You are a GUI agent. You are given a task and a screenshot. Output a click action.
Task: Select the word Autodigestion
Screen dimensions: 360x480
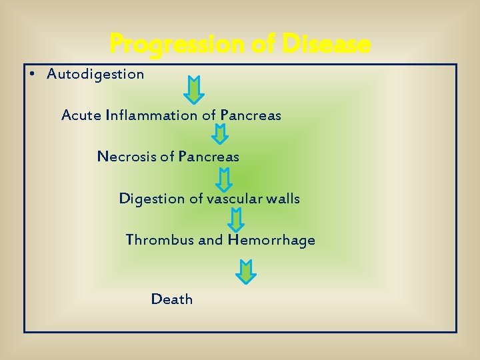point(95,74)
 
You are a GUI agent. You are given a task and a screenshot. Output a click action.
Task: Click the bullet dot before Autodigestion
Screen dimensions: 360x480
point(33,73)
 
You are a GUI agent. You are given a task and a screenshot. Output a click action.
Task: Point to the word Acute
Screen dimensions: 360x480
point(81,115)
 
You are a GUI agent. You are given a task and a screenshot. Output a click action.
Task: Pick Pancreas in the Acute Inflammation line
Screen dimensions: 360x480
point(251,115)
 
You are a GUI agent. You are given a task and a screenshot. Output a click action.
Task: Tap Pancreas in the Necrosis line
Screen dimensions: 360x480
point(209,157)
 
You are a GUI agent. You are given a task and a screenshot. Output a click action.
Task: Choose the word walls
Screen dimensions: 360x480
point(283,199)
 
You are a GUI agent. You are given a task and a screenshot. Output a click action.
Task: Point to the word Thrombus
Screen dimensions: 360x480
point(160,240)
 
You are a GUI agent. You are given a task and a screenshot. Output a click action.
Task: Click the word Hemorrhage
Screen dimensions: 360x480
point(271,240)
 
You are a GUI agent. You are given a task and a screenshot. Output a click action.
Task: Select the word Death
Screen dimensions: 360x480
point(172,299)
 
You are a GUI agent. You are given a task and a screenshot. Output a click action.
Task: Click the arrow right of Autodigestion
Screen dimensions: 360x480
point(194,89)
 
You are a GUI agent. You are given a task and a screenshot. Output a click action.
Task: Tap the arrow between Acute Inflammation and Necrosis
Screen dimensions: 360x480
point(220,133)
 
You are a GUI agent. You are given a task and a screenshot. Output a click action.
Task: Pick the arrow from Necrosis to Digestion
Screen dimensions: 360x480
point(225,179)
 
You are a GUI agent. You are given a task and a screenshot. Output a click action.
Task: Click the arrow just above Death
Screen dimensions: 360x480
point(247,272)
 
